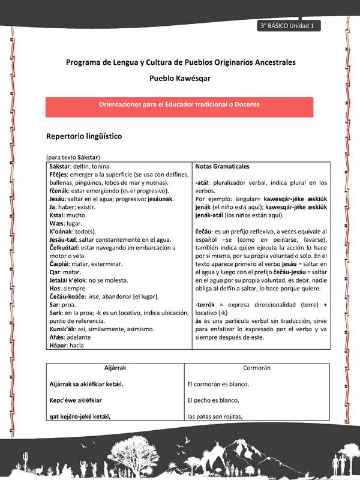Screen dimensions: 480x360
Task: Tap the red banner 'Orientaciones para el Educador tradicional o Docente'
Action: (x=179, y=104)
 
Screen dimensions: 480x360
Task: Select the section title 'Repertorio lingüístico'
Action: (x=84, y=136)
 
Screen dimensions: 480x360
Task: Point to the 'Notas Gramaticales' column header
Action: (x=223, y=166)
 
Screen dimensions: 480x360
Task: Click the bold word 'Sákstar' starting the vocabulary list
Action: (x=61, y=166)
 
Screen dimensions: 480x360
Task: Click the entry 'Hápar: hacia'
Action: (x=67, y=346)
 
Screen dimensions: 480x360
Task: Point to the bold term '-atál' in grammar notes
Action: (x=205, y=182)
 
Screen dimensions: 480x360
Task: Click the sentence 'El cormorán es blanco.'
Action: (x=218, y=383)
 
